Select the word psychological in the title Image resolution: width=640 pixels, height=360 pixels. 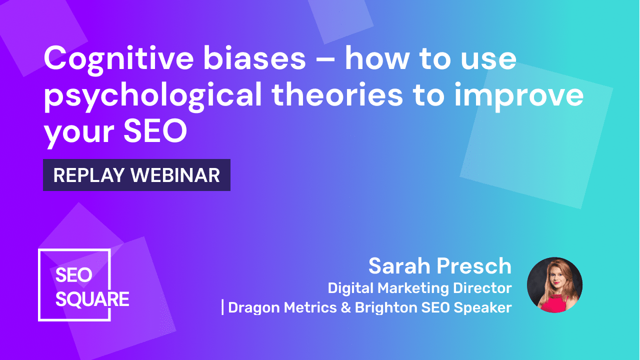coord(152,95)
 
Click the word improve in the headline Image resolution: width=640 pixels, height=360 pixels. coord(519,95)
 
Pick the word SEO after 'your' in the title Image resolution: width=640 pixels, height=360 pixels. coord(155,131)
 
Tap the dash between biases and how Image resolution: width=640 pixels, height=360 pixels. coord(325,60)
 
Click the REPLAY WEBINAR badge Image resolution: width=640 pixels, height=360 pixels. coord(136,175)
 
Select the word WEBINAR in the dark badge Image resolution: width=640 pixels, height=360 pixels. coord(175,175)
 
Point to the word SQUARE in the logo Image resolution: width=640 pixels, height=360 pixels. coord(92,299)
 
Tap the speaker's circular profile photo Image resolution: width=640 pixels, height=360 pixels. coord(554,285)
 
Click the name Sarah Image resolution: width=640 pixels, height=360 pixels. coord(399,266)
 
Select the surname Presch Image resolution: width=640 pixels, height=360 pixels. coord(474,266)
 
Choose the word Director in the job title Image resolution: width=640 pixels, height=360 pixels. coord(482,287)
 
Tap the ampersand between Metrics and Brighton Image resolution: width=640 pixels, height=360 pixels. coord(346,307)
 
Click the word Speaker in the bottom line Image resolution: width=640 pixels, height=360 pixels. coord(483,308)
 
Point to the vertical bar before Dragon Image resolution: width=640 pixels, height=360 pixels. coord(222,307)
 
